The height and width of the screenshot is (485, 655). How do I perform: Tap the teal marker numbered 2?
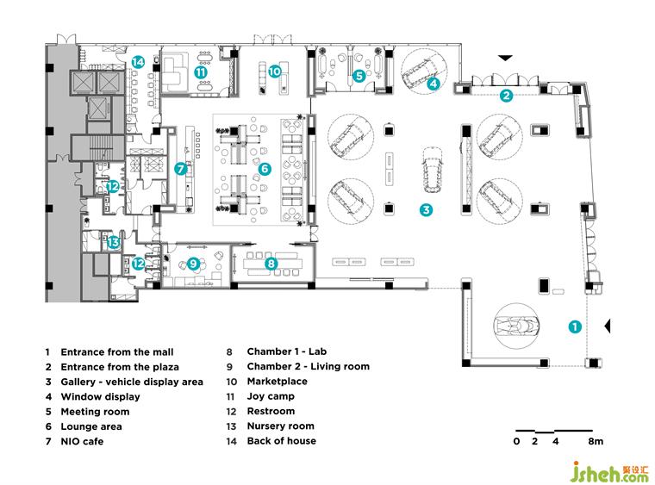pyautogui.click(x=507, y=95)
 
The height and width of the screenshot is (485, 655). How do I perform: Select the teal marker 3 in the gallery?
pyautogui.click(x=426, y=208)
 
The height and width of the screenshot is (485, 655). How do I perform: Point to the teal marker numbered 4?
pyautogui.click(x=434, y=84)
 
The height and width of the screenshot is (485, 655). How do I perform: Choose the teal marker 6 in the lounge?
pyautogui.click(x=265, y=169)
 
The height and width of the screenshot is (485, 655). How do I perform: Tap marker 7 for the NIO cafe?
pyautogui.click(x=181, y=169)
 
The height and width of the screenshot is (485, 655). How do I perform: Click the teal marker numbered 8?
pyautogui.click(x=271, y=264)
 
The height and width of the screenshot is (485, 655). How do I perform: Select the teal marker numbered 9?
pyautogui.click(x=193, y=264)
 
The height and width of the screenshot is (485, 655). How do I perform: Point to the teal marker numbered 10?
pyautogui.click(x=274, y=72)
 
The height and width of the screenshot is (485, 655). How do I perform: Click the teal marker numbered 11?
pyautogui.click(x=200, y=73)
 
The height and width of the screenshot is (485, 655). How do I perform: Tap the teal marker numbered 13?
pyautogui.click(x=113, y=243)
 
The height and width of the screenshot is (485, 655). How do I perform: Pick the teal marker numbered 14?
pyautogui.click(x=139, y=61)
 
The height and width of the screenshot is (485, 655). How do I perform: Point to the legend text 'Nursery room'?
pyautogui.click(x=280, y=426)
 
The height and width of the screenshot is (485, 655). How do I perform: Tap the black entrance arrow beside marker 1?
pyautogui.click(x=607, y=325)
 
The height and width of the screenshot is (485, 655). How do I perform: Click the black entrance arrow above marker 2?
pyautogui.click(x=506, y=58)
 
